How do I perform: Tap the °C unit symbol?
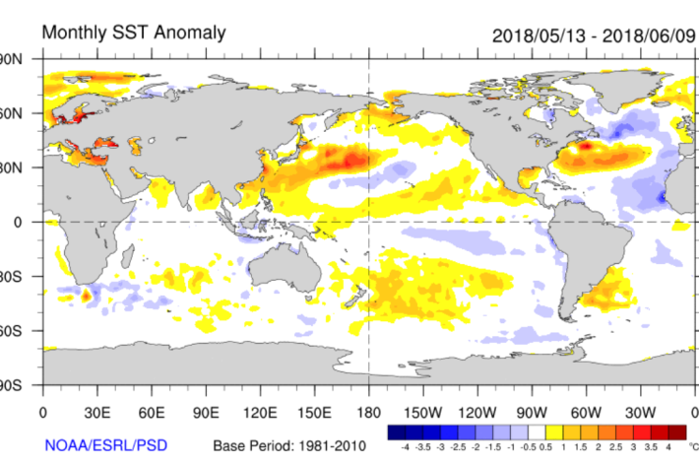[692, 446]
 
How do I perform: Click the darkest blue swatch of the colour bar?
[396, 433]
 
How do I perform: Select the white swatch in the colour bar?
[536, 433]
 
